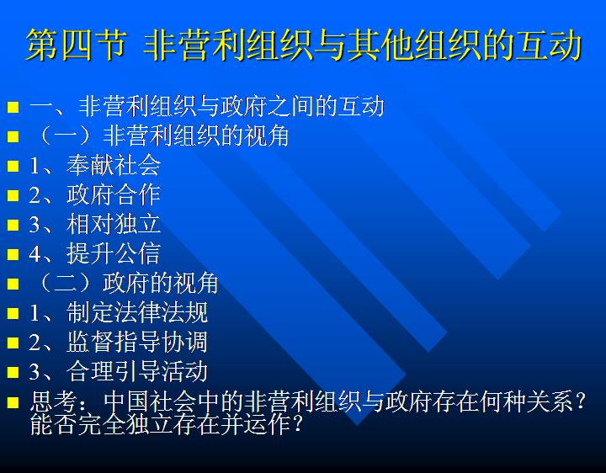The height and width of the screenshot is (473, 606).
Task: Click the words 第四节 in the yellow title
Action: [x=77, y=45]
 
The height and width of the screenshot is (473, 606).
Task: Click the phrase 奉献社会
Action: [x=114, y=165]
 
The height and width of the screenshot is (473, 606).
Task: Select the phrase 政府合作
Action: [x=114, y=194]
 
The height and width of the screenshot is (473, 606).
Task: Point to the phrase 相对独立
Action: [x=114, y=224]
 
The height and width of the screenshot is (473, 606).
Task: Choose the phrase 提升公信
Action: [x=114, y=253]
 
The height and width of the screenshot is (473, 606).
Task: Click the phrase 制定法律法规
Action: [x=137, y=312]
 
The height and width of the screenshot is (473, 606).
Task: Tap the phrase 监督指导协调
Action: [x=137, y=342]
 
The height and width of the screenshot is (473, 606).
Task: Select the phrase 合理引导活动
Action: [x=137, y=371]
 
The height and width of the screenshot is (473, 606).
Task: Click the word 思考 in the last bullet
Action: [x=53, y=401]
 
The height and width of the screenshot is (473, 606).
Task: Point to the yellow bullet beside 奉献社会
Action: [x=13, y=166]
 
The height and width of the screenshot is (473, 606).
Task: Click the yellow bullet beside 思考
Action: [x=13, y=402]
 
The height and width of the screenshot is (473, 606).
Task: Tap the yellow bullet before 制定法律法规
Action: [x=13, y=313]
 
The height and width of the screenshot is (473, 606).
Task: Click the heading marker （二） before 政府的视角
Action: [x=66, y=283]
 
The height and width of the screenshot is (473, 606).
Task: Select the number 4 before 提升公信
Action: [x=35, y=254]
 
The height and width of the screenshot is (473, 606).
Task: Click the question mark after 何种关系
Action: [x=580, y=402]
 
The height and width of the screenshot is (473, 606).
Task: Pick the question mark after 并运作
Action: [x=297, y=424]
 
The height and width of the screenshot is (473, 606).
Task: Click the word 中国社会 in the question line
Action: [x=151, y=401]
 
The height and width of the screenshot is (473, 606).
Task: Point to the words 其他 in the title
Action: [x=380, y=45]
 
